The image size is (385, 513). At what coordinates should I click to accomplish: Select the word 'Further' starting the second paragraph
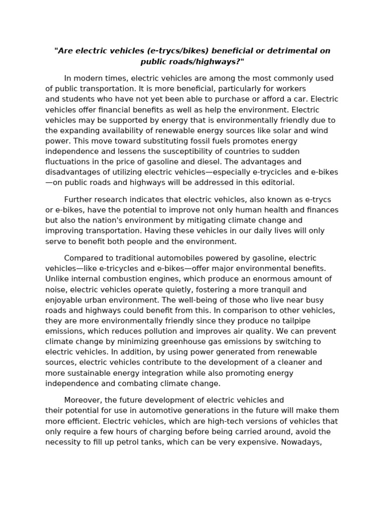(79, 199)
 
